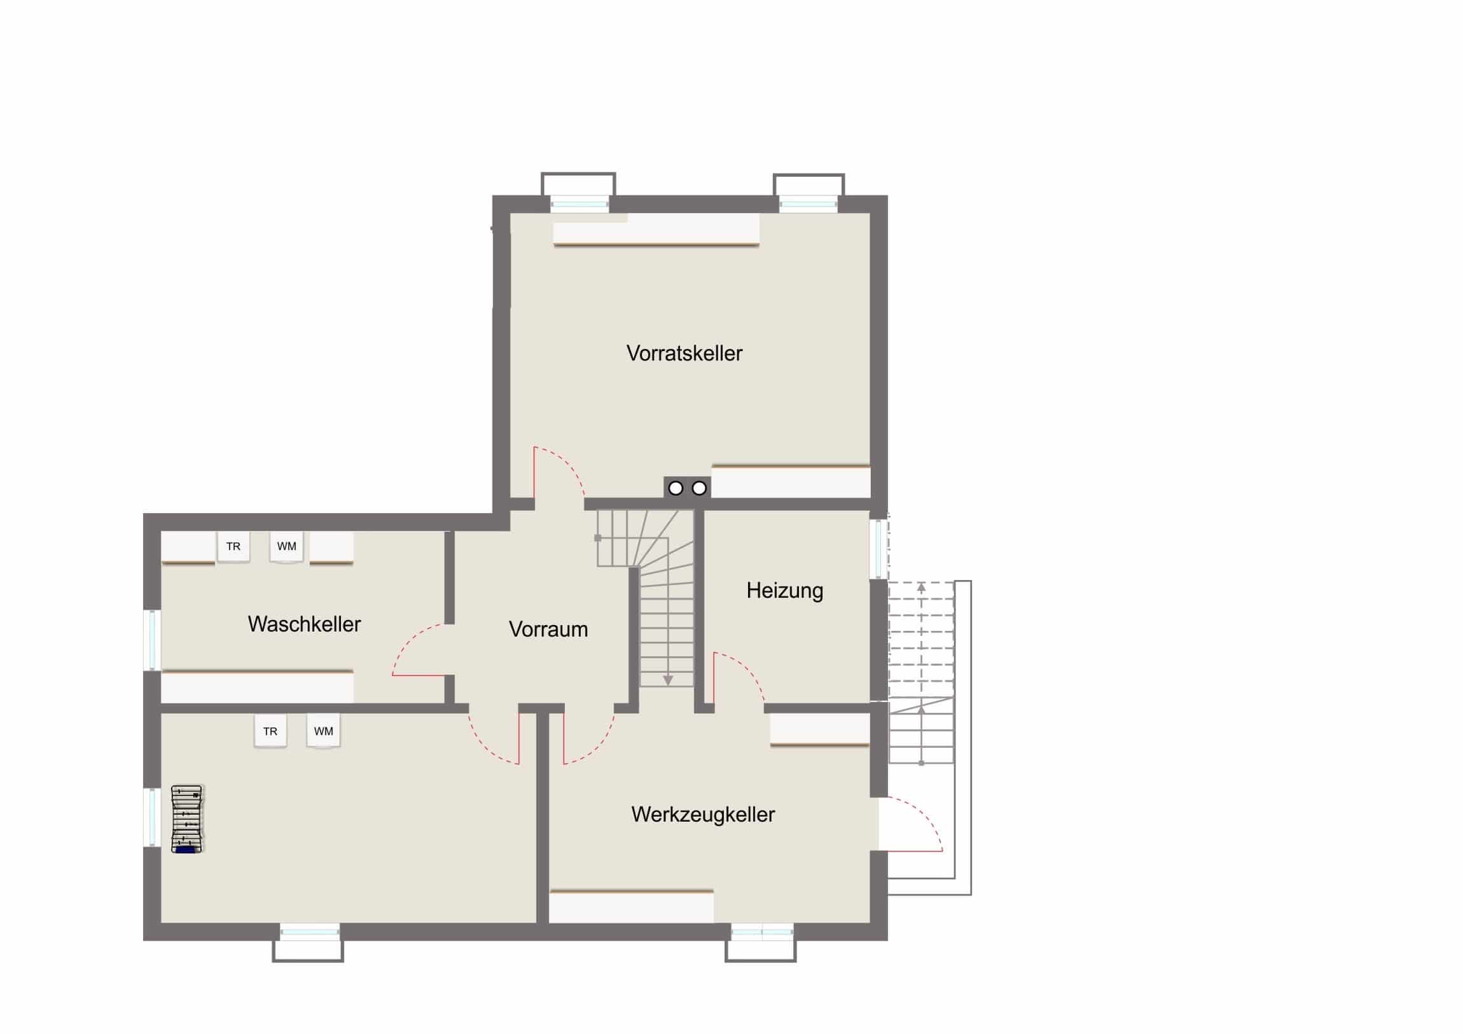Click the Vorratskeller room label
tap(684, 354)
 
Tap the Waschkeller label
tap(305, 624)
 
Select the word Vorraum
tap(548, 630)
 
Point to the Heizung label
tap(784, 591)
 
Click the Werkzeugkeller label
tap(703, 815)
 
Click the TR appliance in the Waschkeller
tap(233, 547)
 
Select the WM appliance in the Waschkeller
tap(287, 547)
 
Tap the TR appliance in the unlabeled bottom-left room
tap(270, 731)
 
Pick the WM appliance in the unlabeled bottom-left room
tap(324, 731)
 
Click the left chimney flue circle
tap(676, 488)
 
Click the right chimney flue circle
tap(699, 488)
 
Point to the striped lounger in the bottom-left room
tap(188, 818)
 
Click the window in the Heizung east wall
tap(878, 549)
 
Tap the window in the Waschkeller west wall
tap(152, 640)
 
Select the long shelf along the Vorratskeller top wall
tap(656, 230)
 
